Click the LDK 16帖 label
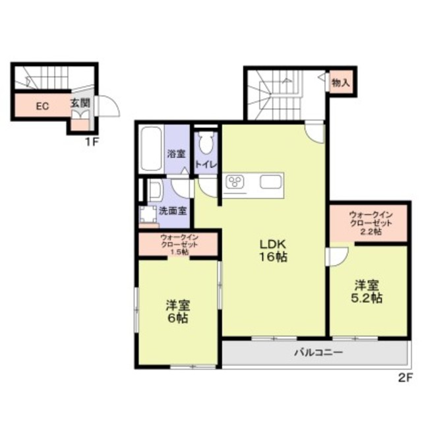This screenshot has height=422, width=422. click(273, 251)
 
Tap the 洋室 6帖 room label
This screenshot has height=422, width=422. click(178, 312)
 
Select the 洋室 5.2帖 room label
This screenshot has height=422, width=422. click(367, 291)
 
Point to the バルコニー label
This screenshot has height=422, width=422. click(318, 352)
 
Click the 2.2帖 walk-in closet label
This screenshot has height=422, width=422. click(371, 224)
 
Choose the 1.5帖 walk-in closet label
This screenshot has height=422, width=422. click(179, 245)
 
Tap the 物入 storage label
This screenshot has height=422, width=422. click(341, 83)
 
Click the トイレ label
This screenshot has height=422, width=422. click(206, 164)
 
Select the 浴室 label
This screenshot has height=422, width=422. click(177, 154)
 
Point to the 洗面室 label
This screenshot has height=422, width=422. click(173, 211)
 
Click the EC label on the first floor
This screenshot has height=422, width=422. click(42, 106)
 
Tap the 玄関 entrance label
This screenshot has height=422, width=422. click(80, 103)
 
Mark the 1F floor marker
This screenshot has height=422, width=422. click(92, 142)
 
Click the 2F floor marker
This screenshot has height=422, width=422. click(406, 378)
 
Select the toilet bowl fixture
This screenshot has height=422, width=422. click(206, 143)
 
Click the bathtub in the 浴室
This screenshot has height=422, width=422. click(151, 149)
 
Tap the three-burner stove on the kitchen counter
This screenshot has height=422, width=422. click(235, 182)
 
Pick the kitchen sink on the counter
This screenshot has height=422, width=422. click(271, 182)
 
